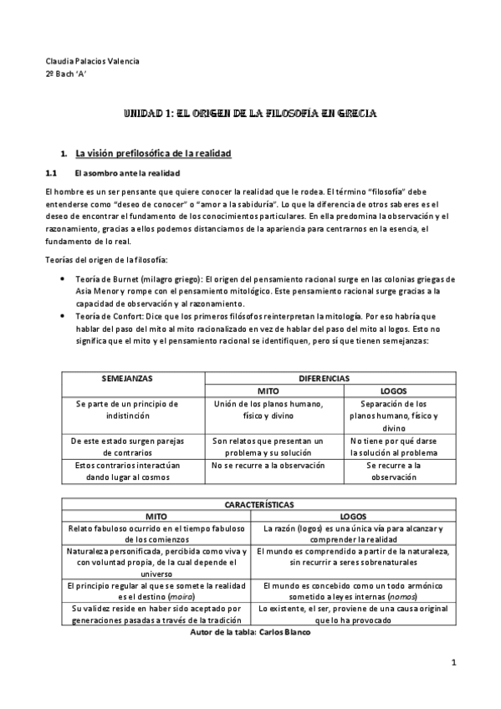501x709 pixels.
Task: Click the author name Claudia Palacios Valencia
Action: (92, 61)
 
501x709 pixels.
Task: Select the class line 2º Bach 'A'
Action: (66, 74)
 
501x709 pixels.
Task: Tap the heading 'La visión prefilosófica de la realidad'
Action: (153, 154)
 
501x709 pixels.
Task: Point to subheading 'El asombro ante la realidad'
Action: (126, 173)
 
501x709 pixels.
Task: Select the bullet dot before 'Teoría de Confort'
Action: (63, 315)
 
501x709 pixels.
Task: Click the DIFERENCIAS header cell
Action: (325, 379)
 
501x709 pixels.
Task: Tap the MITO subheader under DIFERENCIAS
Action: (268, 390)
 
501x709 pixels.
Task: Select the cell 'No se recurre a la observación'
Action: (268, 465)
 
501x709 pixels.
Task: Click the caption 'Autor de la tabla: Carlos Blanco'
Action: (251, 633)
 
